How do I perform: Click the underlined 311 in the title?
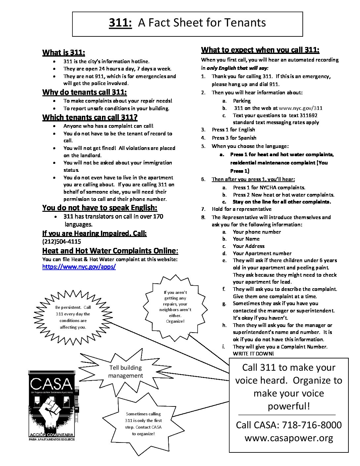[x=120, y=23]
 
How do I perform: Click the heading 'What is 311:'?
[x=64, y=52]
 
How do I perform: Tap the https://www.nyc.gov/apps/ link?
[x=79, y=267]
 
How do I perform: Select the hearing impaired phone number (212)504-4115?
[x=62, y=241]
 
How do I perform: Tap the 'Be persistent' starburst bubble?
[x=73, y=317]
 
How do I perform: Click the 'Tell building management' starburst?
[x=125, y=371]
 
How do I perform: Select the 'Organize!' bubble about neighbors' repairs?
[x=175, y=307]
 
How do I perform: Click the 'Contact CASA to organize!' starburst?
[x=143, y=424]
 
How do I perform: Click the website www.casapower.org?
[x=289, y=438]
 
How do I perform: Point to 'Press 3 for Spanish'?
[x=234, y=138]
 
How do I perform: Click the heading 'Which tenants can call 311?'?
[x=90, y=117]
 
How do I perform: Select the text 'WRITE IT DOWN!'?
[x=253, y=354]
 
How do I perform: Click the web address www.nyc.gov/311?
[x=301, y=108]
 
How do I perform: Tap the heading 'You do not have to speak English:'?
[x=100, y=208]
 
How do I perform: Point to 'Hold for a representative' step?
[x=242, y=209]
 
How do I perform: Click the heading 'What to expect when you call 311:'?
[x=260, y=50]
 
